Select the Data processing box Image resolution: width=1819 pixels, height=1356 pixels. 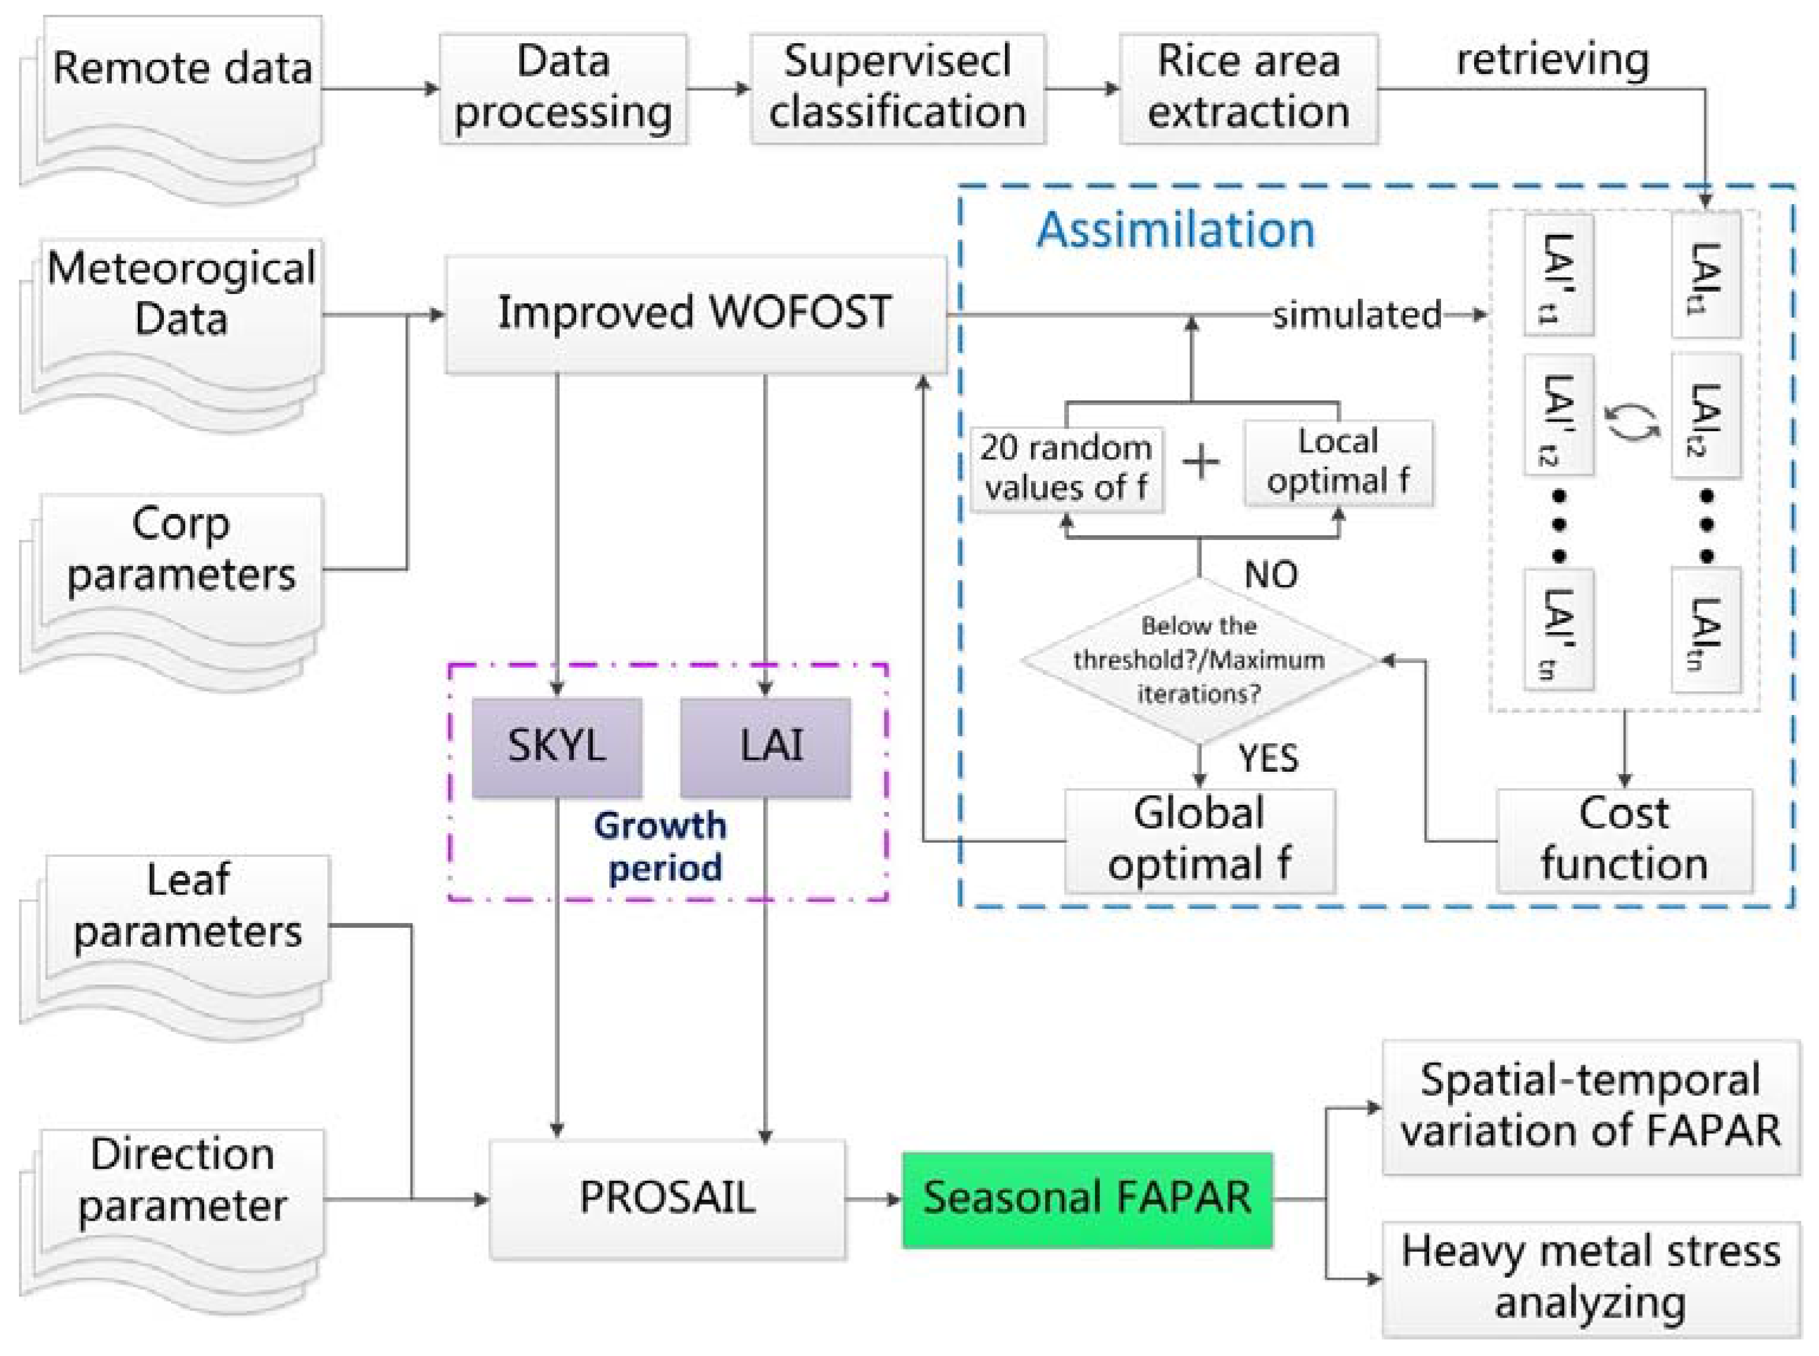[563, 88]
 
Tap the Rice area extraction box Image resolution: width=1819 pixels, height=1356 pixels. [1248, 88]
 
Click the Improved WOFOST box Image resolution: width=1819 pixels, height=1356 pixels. [694, 313]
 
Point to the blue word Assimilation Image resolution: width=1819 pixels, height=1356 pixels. [1175, 230]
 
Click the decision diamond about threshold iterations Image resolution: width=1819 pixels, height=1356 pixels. [1199, 660]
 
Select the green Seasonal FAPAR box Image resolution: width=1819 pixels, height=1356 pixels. [1087, 1199]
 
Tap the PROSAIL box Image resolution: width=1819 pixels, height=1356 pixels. [667, 1199]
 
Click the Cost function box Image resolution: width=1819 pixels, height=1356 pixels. [1624, 840]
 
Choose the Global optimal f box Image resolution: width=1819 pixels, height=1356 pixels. [1199, 840]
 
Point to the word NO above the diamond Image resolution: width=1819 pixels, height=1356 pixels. [1271, 575]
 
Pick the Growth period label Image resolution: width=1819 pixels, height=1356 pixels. [661, 846]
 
